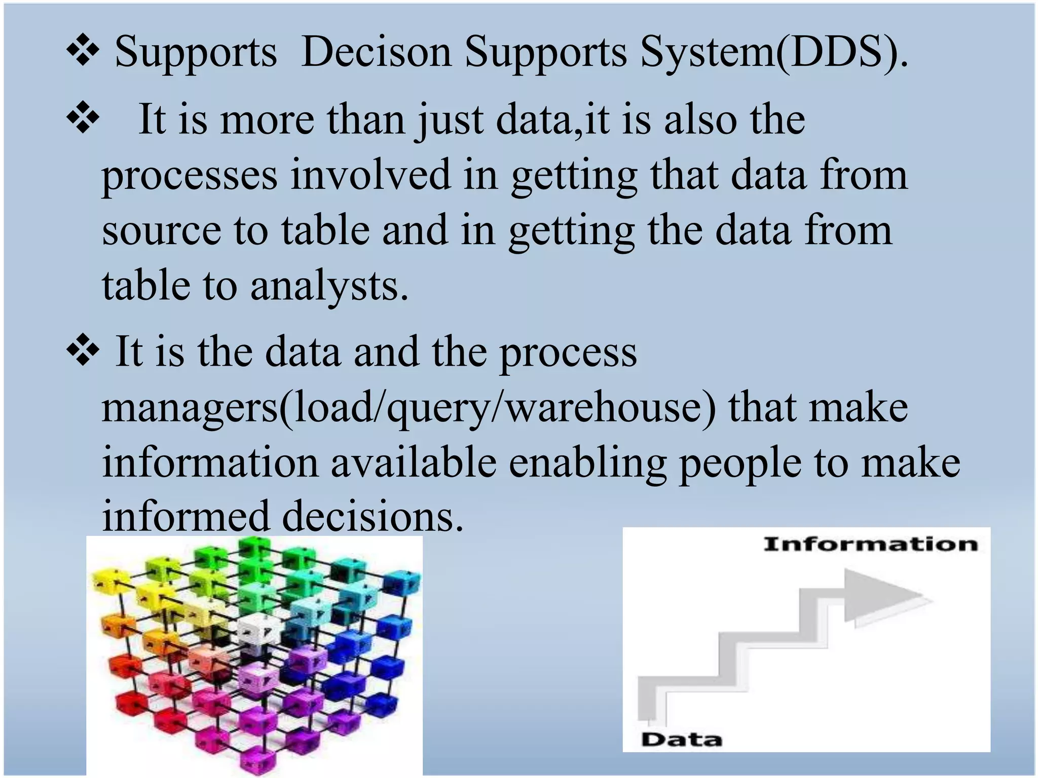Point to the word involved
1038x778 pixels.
[x=370, y=175]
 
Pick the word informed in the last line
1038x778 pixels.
[x=185, y=517]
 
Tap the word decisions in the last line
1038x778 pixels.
[x=373, y=517]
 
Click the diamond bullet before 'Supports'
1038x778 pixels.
[x=83, y=52]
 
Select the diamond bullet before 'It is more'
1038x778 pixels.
[x=83, y=120]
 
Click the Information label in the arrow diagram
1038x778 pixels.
[x=870, y=545]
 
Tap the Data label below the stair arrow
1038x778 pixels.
[x=681, y=740]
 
